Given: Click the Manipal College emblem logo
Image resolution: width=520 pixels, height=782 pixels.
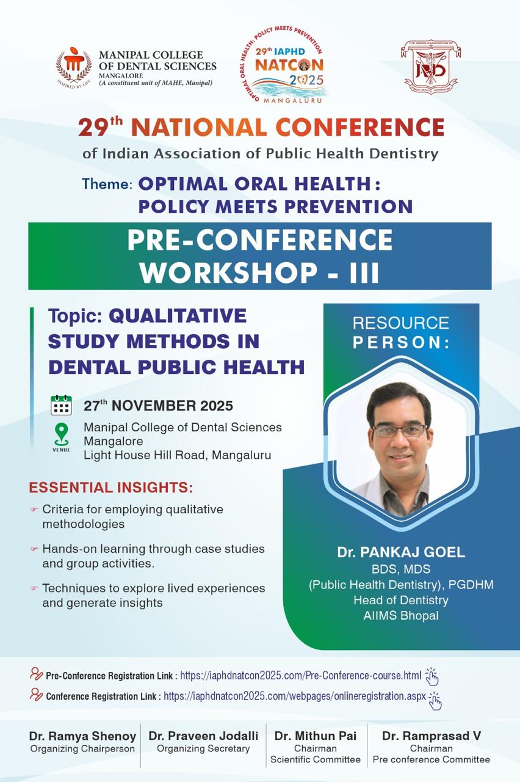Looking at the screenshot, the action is point(74,67).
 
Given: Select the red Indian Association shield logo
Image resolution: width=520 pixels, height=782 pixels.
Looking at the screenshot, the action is point(431,67).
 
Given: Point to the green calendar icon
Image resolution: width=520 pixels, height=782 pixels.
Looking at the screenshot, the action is point(62,405).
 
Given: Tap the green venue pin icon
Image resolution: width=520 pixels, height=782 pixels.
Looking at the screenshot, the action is point(62,434).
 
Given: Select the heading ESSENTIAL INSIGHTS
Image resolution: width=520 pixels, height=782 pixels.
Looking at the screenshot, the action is point(111,488).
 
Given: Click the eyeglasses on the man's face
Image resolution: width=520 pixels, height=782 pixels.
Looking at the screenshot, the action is point(399,431).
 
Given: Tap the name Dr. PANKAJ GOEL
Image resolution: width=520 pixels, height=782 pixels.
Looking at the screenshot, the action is point(401,552).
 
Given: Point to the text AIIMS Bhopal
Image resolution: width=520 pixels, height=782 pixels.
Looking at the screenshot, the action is point(401,615).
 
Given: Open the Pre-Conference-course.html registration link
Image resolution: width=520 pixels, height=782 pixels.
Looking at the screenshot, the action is point(301,676).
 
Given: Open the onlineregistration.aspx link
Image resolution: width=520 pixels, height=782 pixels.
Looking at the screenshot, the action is point(295,696).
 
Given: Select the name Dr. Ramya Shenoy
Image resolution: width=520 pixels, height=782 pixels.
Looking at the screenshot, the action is point(82,736).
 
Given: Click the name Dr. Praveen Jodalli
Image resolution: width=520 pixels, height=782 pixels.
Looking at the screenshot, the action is point(203,736).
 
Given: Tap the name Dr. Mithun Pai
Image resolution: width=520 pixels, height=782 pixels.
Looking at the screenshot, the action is point(316,736).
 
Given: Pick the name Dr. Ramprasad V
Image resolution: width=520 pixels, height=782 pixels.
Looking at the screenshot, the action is point(432,736).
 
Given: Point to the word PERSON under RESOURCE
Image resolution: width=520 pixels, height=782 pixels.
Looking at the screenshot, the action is point(401,343).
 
